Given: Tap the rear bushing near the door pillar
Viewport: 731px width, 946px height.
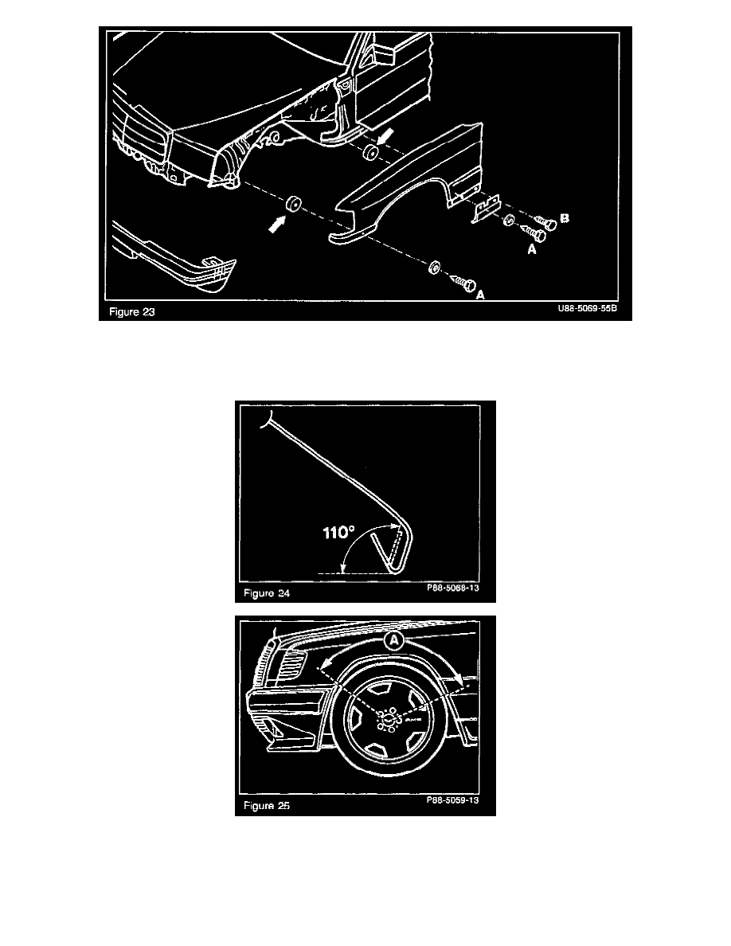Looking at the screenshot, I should point(369,153).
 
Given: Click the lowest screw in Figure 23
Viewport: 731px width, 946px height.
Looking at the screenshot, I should point(464,283).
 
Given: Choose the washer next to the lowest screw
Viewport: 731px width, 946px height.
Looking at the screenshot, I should point(435,267).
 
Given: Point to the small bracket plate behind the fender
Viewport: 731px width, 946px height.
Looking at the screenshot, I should point(485,209).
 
